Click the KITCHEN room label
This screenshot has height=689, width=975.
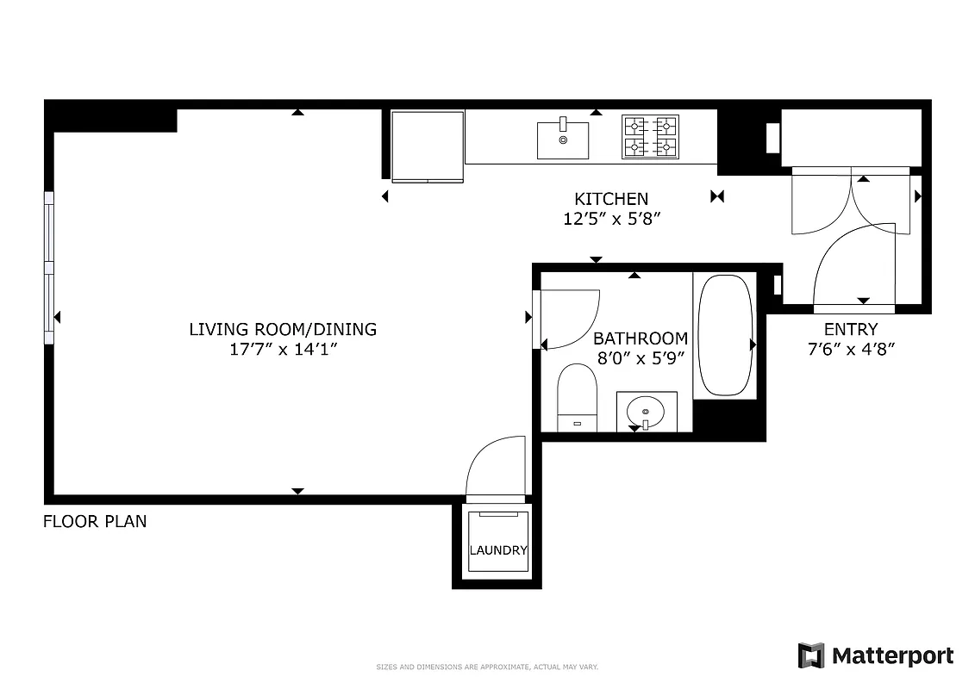pyautogui.click(x=611, y=199)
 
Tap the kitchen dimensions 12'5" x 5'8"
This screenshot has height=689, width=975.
pyautogui.click(x=611, y=220)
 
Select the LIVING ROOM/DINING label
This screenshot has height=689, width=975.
pyautogui.click(x=283, y=329)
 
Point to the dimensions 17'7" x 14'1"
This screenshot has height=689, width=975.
pyautogui.click(x=283, y=350)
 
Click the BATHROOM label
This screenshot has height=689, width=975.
pyautogui.click(x=641, y=338)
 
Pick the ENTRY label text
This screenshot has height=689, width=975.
pyautogui.click(x=851, y=329)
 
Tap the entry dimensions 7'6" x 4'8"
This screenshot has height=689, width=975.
pyautogui.click(x=851, y=350)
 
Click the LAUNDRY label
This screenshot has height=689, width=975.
pyautogui.click(x=498, y=550)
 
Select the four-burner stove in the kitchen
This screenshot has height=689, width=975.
pyautogui.click(x=650, y=137)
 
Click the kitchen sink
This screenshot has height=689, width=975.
pyautogui.click(x=563, y=140)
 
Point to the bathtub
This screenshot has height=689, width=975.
pyautogui.click(x=725, y=335)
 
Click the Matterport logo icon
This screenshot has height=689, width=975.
pyautogui.click(x=811, y=655)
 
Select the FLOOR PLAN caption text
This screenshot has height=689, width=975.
pyautogui.click(x=95, y=521)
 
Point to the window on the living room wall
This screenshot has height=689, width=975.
pyautogui.click(x=49, y=267)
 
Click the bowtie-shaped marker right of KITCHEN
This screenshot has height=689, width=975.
pyautogui.click(x=717, y=197)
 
